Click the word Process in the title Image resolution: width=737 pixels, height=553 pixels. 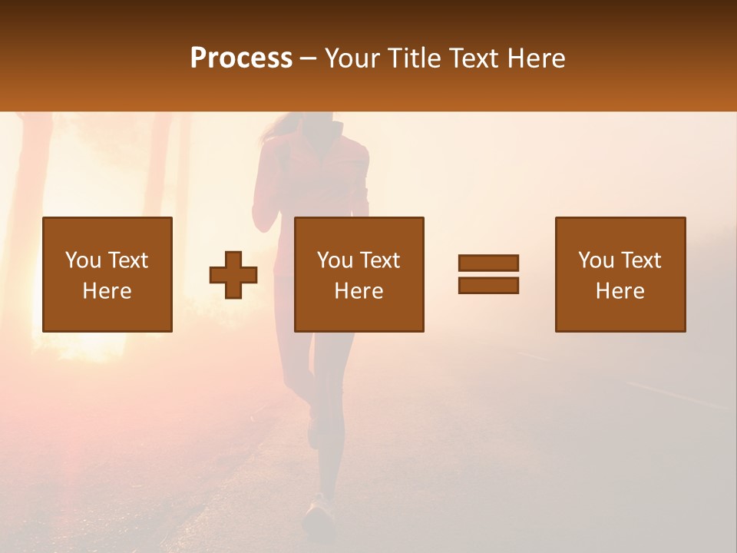(241, 58)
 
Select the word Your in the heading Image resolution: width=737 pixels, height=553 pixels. (351, 58)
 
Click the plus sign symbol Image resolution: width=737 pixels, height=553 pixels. (233, 275)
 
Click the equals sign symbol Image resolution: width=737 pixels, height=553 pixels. (488, 274)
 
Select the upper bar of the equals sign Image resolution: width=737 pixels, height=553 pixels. (488, 263)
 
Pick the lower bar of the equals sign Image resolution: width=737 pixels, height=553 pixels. (488, 285)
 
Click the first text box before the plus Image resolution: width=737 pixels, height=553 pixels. (107, 274)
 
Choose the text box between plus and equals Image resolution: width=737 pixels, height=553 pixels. (359, 274)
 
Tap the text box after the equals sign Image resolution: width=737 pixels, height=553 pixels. (620, 274)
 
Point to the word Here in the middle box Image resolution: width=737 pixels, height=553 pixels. (359, 291)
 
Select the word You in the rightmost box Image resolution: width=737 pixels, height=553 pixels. (597, 260)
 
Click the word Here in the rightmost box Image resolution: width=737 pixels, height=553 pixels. (620, 291)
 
